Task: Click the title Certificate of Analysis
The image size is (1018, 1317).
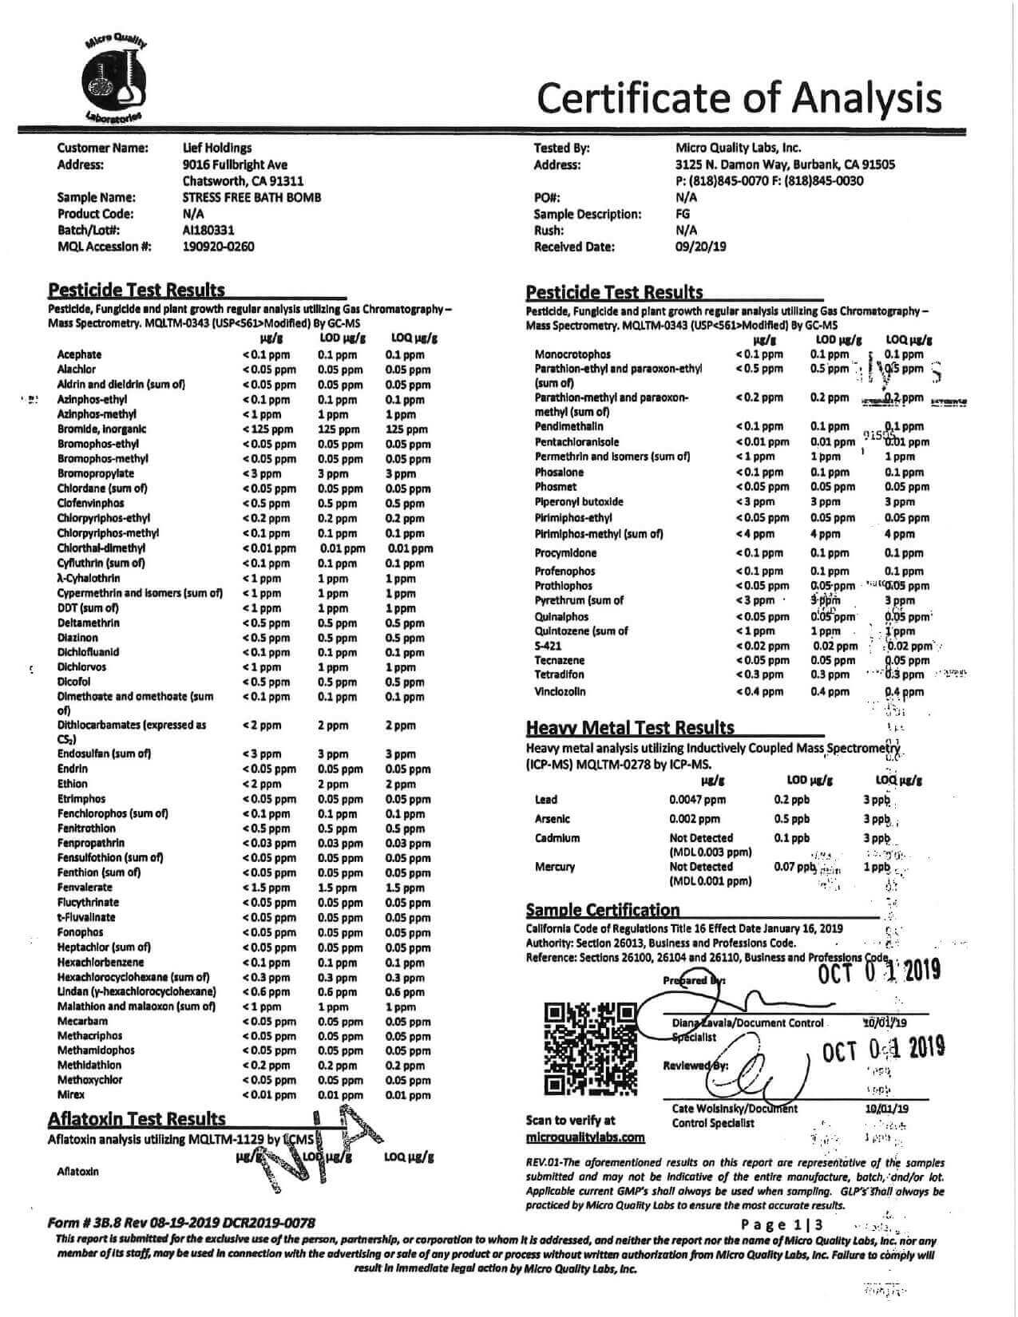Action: tap(739, 97)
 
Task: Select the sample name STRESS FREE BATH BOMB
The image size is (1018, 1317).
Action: tap(252, 197)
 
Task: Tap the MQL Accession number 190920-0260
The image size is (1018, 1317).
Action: tap(218, 247)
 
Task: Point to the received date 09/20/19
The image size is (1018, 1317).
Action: tap(700, 247)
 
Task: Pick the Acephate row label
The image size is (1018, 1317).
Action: tap(79, 354)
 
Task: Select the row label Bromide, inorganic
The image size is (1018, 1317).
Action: tap(101, 429)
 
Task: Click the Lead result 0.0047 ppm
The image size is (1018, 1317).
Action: tap(697, 799)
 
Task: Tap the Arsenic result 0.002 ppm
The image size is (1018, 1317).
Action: tap(695, 818)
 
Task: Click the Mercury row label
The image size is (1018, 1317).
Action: tap(554, 867)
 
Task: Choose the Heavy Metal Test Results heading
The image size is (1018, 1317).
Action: tap(630, 727)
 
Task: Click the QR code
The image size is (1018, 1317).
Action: tap(590, 1047)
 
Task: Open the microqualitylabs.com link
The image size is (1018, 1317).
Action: tap(585, 1137)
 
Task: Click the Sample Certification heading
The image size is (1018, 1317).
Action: tap(603, 910)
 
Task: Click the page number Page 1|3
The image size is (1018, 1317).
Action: tap(782, 1224)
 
